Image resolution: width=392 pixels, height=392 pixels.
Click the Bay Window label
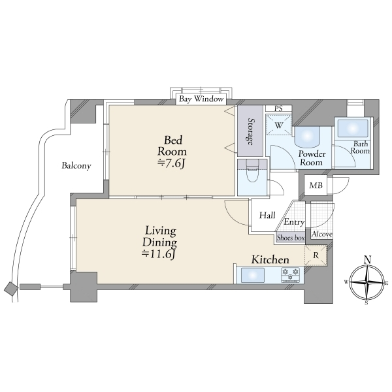point(201,99)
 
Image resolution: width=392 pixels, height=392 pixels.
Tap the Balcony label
point(76,165)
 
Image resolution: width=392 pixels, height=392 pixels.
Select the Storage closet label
point(250,131)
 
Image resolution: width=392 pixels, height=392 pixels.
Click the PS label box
point(278,108)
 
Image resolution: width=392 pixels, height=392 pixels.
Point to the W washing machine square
point(278,125)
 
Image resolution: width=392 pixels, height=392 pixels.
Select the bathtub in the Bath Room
point(353,128)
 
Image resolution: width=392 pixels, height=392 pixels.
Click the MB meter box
point(316,186)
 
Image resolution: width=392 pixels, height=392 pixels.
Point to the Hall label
point(267,215)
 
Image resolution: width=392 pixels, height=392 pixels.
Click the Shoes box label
point(291,238)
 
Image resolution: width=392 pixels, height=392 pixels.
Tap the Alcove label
point(321,234)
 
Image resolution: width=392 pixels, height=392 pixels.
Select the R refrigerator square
point(316,255)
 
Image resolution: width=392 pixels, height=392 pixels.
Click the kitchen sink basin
point(252,275)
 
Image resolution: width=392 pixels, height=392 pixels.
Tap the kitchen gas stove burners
point(291,275)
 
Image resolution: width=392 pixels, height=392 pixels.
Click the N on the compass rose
point(367,260)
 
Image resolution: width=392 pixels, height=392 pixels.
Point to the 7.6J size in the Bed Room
point(171,164)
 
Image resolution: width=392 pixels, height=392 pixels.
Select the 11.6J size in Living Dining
point(159,254)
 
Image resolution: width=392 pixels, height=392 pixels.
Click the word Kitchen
point(270,259)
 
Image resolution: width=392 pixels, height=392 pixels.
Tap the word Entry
point(294,222)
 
